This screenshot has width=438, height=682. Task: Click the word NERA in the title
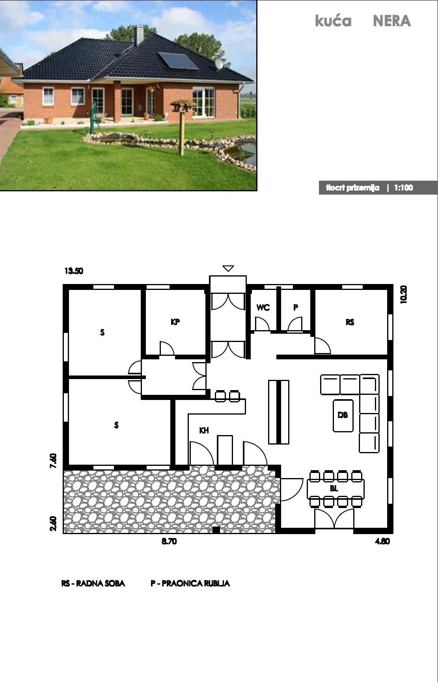392,21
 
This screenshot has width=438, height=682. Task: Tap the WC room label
263,308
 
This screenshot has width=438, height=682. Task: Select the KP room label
175,322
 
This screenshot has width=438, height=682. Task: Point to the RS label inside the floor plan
350,322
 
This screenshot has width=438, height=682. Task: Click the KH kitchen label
204,431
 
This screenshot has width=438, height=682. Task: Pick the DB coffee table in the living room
343,415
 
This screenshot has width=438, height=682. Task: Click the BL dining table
335,489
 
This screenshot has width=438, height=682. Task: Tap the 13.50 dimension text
74,271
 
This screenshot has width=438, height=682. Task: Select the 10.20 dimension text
403,294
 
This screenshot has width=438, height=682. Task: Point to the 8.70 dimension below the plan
169,541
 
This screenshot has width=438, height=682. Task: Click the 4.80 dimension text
382,541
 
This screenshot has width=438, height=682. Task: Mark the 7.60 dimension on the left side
54,461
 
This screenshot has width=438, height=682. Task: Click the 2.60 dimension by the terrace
54,524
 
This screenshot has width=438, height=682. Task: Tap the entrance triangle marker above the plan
228,269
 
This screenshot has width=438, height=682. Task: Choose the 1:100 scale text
403,188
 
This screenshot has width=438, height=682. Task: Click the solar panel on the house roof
178,61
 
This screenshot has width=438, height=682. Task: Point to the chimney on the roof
139,36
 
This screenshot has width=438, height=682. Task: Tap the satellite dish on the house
219,64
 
